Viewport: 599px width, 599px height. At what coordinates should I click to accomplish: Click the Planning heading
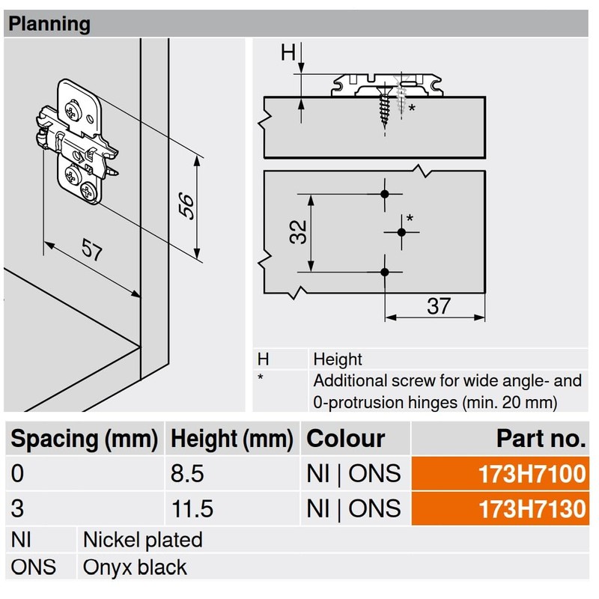click(x=48, y=24)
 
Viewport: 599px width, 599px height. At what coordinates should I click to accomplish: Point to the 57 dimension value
click(x=91, y=249)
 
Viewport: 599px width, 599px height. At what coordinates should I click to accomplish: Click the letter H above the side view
click(x=288, y=52)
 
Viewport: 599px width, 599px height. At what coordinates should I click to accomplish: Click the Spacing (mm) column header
click(x=84, y=438)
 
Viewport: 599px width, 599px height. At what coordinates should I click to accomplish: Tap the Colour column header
click(x=346, y=438)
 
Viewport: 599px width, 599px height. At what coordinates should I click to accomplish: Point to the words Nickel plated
click(x=142, y=539)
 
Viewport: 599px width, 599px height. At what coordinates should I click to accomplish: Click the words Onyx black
click(x=135, y=568)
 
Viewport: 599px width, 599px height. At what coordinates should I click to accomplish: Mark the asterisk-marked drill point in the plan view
click(x=401, y=232)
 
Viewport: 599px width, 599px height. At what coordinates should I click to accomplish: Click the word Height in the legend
click(x=337, y=359)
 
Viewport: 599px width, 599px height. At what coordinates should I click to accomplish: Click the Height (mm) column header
click(x=231, y=438)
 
